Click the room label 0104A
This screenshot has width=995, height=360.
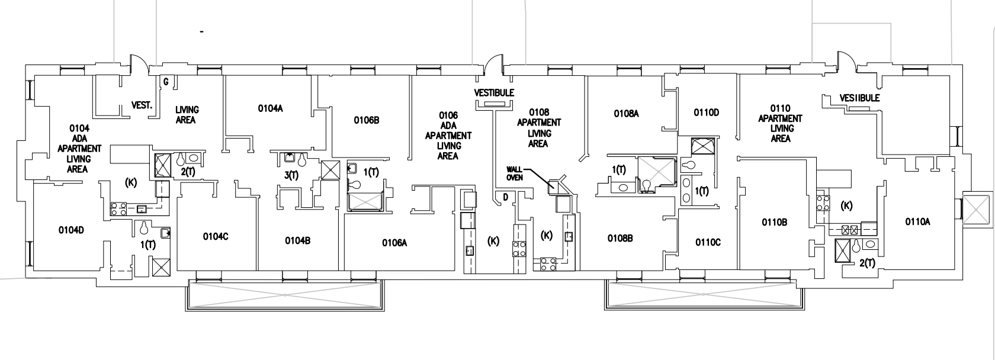[x=270, y=108]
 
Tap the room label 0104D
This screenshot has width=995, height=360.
[x=71, y=230]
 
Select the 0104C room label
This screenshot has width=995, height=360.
[x=216, y=237]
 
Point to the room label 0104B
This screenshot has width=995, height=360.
[x=297, y=240]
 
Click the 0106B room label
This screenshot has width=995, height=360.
[x=367, y=120]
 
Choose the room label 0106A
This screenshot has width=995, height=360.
[x=394, y=243]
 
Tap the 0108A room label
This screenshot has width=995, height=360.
[x=627, y=114]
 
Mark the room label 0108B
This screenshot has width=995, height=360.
[x=620, y=239]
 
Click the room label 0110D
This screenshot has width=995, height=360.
[x=706, y=112]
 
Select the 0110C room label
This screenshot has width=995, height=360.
[x=708, y=242]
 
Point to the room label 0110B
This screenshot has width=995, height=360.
[x=775, y=222]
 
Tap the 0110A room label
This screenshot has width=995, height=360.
[x=918, y=221]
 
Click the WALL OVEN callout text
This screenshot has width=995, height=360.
[x=514, y=173]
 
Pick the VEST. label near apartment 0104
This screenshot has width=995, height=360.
[x=142, y=105]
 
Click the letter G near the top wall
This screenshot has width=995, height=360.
[x=166, y=82]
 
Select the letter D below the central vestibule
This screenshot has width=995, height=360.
[x=506, y=197]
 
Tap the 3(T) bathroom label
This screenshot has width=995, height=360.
[x=291, y=175]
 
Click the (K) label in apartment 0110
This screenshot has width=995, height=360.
[x=847, y=205]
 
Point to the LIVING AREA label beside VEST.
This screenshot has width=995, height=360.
[x=187, y=114]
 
